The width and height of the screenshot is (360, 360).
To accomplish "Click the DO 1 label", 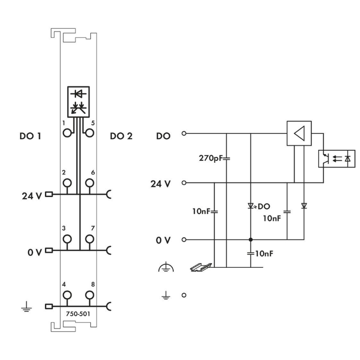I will (x=30, y=136).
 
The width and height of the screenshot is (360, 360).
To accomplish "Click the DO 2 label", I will (x=120, y=136).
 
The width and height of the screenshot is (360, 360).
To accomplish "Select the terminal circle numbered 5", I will (x=89, y=132).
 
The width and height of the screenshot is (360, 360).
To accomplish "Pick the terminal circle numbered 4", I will (x=67, y=295).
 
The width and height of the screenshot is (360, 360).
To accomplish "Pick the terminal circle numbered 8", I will (x=89, y=295).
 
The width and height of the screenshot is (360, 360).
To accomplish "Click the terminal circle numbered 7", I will (x=89, y=239).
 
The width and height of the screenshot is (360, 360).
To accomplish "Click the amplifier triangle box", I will (x=299, y=132).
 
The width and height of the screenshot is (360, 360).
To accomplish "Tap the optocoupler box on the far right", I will (x=337, y=158).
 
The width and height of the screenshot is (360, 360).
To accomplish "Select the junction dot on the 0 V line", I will (x=251, y=239).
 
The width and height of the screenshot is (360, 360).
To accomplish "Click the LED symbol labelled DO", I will (x=251, y=206).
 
